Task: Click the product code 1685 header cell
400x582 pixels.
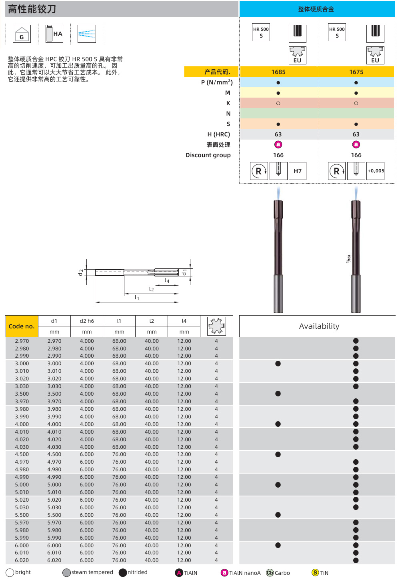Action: click(x=278, y=72)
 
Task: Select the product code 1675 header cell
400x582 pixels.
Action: click(x=356, y=72)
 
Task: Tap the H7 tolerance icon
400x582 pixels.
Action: click(x=298, y=171)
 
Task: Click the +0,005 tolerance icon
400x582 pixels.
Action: click(x=376, y=171)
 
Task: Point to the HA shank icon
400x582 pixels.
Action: click(x=54, y=34)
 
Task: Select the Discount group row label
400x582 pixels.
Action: click(x=208, y=155)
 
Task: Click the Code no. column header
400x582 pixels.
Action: click(x=22, y=326)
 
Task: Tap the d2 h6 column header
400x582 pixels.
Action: click(x=87, y=321)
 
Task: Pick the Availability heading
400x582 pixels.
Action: click(x=319, y=326)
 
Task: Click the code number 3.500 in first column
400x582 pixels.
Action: click(x=22, y=394)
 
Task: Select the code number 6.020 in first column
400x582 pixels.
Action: click(x=22, y=560)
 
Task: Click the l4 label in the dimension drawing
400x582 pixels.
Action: click(x=167, y=281)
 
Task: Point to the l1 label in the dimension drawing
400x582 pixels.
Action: click(x=137, y=298)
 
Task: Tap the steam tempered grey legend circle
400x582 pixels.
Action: click(x=67, y=573)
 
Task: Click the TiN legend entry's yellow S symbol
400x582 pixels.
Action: click(x=315, y=573)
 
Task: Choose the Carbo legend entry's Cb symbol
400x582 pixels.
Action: click(x=270, y=573)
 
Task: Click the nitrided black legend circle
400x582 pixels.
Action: click(x=123, y=573)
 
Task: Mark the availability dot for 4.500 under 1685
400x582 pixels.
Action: click(x=278, y=454)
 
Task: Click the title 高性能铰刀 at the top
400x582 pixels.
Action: click(x=32, y=9)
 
